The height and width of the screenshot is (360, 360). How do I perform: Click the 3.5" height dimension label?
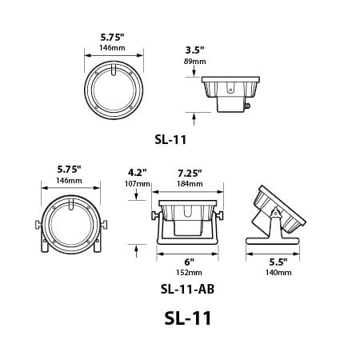tap(194, 50)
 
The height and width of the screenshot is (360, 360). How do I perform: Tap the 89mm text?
tap(194, 62)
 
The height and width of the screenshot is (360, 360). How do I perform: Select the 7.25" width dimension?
tap(190, 173)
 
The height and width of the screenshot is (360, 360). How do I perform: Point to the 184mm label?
tap(190, 184)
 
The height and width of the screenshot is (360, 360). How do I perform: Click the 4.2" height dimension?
tap(138, 173)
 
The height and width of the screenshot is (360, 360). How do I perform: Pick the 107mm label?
tap(138, 184)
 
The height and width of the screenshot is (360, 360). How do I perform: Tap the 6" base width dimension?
tap(189, 262)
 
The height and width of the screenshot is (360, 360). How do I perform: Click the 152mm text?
tap(189, 273)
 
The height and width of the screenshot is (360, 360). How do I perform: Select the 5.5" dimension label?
tap(278, 262)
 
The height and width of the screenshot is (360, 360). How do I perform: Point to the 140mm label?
tap(278, 273)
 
